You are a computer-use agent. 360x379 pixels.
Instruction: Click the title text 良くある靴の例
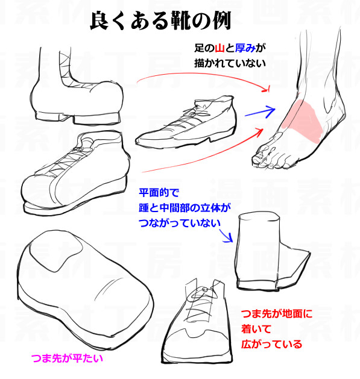click(160, 20)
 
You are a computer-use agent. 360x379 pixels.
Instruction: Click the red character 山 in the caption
click(219, 48)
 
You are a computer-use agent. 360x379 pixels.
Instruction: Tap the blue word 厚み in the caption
click(245, 48)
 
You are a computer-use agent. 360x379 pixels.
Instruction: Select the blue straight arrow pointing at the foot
click(260, 112)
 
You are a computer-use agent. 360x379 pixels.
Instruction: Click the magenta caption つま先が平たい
click(67, 359)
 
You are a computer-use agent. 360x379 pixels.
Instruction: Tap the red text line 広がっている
click(271, 344)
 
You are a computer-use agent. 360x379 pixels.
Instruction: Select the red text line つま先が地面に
click(277, 314)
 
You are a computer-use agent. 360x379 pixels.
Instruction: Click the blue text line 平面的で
click(159, 193)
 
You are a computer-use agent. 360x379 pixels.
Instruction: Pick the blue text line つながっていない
click(179, 223)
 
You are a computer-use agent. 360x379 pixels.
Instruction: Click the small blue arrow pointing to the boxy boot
click(226, 235)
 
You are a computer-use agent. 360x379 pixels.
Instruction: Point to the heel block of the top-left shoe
click(96, 119)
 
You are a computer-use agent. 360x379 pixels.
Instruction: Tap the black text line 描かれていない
click(230, 63)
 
